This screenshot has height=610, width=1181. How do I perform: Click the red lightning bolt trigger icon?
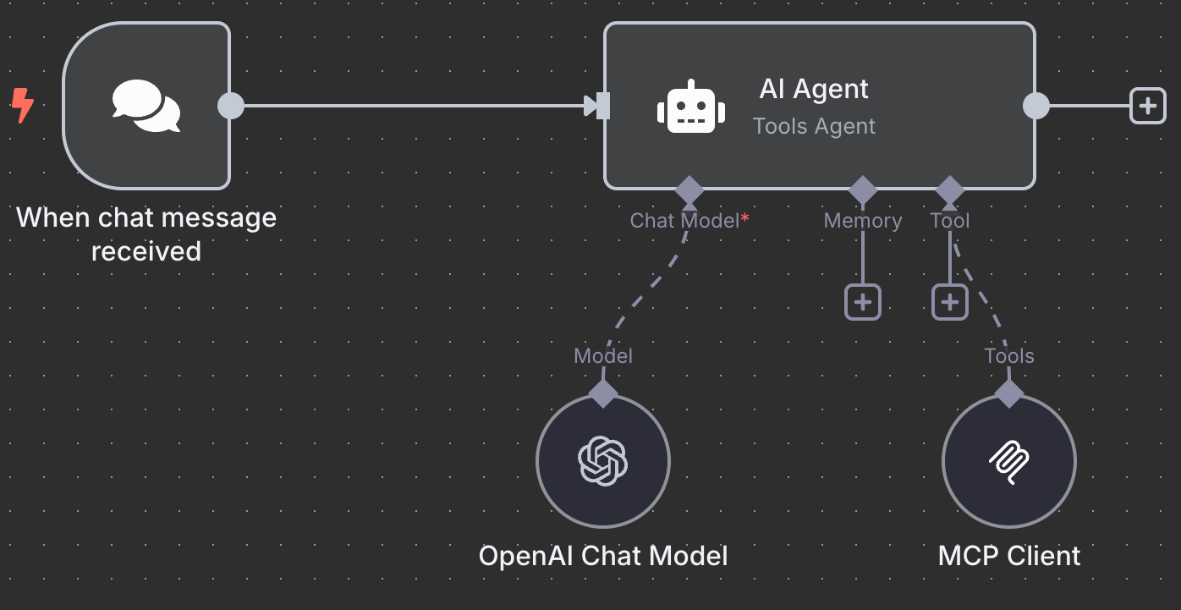(x=23, y=107)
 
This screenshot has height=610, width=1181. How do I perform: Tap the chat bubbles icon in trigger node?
(x=146, y=106)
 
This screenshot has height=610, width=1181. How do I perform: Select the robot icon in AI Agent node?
(x=691, y=107)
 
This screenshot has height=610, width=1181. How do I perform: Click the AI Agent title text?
(x=814, y=89)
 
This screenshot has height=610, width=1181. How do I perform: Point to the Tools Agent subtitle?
(x=814, y=127)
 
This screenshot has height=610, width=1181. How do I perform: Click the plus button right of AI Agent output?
(x=1147, y=106)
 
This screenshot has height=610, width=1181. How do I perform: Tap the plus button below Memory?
(x=863, y=302)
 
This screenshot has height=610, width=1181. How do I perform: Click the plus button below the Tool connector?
(x=950, y=302)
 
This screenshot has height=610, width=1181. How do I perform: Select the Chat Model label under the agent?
(x=685, y=221)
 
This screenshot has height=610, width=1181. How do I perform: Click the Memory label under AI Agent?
(x=863, y=221)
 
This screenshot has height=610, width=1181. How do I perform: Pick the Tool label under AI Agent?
(x=950, y=221)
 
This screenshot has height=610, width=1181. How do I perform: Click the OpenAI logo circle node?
(x=603, y=461)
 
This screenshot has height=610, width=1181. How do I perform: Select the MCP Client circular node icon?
(x=1008, y=461)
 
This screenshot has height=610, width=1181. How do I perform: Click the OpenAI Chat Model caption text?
(x=603, y=556)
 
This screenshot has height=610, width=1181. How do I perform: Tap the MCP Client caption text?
(x=1008, y=556)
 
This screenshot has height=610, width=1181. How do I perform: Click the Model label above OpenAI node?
(x=603, y=356)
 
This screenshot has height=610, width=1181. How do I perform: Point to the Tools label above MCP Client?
(x=1008, y=356)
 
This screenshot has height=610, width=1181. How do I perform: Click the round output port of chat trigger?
(x=231, y=106)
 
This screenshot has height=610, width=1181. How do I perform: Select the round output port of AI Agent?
(x=1035, y=106)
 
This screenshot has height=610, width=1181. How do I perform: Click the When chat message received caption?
(x=146, y=234)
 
